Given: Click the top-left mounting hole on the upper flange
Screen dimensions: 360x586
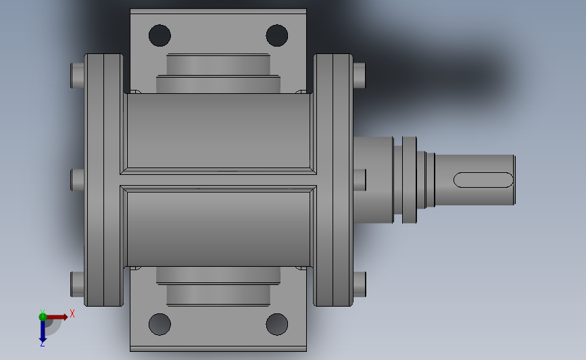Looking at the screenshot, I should pos(160,34).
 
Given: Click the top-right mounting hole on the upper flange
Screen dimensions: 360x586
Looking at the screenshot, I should pos(276,34).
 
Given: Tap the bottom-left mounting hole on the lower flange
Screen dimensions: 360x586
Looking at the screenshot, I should pos(160,324).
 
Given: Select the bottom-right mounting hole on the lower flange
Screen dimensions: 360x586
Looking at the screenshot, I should pos(276,324).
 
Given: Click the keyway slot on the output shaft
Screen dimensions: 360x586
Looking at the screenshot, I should pos(483,180).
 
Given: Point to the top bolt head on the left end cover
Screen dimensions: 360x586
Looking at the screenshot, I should pos(76,74).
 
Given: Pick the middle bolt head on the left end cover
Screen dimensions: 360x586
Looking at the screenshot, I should pos(76,180).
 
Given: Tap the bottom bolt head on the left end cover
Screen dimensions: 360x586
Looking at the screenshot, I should pos(76,284).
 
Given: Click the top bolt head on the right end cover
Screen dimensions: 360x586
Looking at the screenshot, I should pos(360,74).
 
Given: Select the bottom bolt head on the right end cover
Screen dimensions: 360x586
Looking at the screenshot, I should pos(360,284).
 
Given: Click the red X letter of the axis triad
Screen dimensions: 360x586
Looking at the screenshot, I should pos(72,313).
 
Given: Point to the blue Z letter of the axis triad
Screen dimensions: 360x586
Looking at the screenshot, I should pos(42,344).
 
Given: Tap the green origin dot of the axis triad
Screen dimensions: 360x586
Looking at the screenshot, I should pos(43,316).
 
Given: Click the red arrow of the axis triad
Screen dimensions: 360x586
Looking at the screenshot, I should pos(58,316).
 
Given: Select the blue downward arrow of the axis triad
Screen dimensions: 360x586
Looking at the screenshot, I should pos(43,330).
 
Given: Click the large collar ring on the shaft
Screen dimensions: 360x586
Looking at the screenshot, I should pos(410,180).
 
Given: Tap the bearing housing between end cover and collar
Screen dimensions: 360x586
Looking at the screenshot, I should pos(374,180).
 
